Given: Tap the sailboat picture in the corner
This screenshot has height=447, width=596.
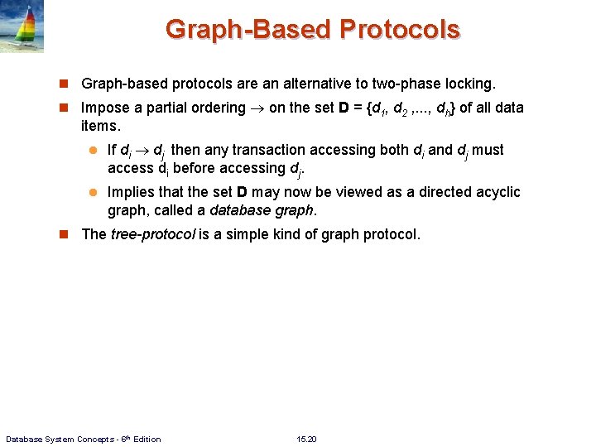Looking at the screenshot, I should point(22,26).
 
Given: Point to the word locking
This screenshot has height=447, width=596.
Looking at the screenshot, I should point(471,84).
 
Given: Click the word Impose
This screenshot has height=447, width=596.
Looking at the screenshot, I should point(106,108).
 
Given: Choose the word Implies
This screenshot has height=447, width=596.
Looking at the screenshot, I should point(131,192).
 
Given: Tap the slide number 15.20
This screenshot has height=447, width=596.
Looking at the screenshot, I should point(306,439).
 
